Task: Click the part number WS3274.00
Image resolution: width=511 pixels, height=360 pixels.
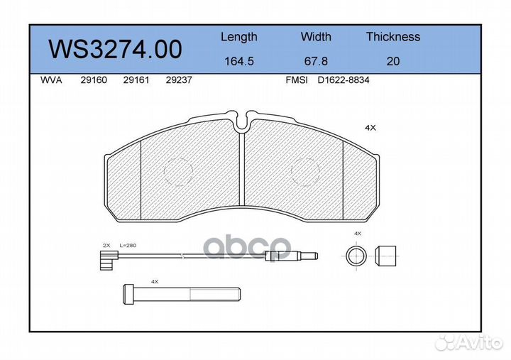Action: [115, 49]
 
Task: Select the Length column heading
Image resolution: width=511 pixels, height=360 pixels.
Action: [239, 37]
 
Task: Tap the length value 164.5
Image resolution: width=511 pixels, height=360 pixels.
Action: [239, 61]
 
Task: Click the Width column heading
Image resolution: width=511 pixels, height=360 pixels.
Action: [316, 36]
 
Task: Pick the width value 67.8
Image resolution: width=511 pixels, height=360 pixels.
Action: [316, 61]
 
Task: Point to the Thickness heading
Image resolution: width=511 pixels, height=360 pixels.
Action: [393, 36]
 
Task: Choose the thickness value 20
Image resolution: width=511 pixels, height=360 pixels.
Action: [393, 61]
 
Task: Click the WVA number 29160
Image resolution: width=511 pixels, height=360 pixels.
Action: [94, 80]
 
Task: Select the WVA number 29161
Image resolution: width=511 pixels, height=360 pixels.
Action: [136, 80]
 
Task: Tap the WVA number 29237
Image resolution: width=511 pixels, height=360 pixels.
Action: [179, 80]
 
